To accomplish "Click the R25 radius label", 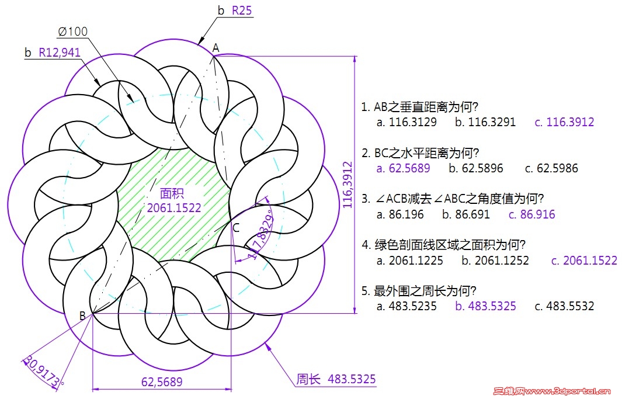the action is [242, 10].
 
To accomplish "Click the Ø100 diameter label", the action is [72, 32].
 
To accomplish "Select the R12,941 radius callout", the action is [60, 53].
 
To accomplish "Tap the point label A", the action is [216, 48].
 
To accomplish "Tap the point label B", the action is [82, 315].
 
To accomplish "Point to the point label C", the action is [236, 228].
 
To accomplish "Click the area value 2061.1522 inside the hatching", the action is [174, 208].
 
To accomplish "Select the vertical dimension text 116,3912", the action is [348, 185].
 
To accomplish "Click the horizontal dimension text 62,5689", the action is [162, 381].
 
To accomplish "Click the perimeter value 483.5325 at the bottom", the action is [352, 379].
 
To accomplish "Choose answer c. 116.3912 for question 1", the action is [565, 122].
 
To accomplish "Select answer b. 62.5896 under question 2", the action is [476, 168].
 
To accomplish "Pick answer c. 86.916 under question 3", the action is [532, 214].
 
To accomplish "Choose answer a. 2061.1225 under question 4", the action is [410, 260].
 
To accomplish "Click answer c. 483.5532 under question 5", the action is [565, 306].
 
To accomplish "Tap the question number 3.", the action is [366, 198].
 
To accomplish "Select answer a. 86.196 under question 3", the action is [400, 214].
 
